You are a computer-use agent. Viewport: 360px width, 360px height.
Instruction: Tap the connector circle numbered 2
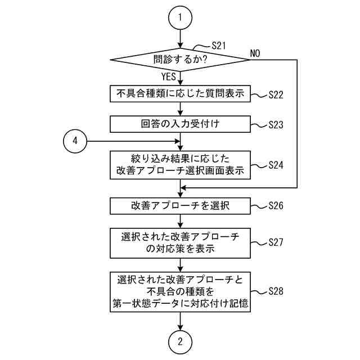coord(180,342)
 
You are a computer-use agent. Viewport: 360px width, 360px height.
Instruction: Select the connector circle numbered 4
coord(75,141)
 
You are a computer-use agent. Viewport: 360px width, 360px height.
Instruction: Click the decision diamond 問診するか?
coord(180,58)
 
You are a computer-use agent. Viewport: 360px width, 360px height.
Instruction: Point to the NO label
coord(255,53)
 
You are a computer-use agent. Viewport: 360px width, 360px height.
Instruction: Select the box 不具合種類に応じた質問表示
coord(180,93)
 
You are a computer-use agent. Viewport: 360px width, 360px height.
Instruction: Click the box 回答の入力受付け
coord(180,123)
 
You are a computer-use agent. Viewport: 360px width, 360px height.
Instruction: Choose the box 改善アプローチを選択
coord(180,206)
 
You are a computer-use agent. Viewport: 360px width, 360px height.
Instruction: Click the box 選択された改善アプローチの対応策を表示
coord(180,242)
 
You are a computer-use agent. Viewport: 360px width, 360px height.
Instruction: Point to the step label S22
coord(275,95)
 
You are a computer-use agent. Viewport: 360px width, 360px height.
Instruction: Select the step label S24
coord(275,165)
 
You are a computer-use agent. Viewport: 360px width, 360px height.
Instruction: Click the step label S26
coord(275,206)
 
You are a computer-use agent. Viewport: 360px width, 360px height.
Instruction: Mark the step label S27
coord(275,242)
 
